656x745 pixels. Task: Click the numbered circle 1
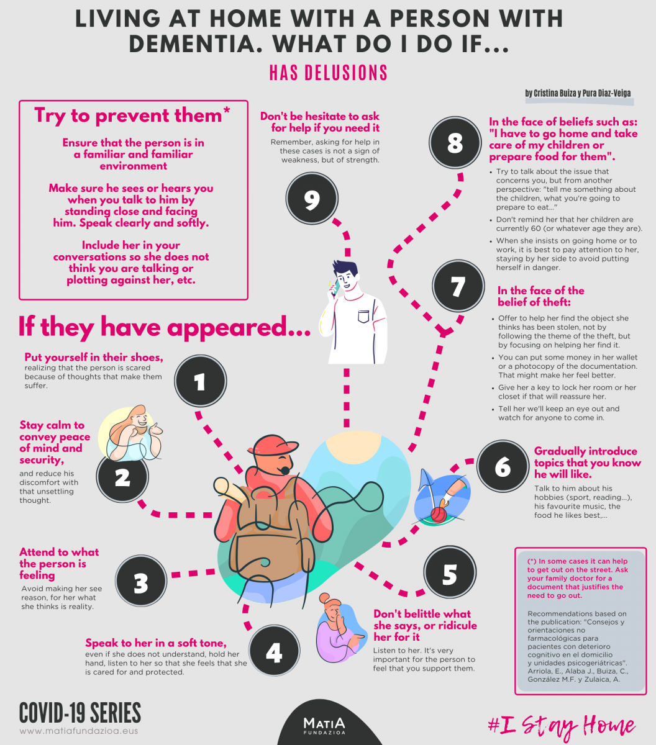click(x=201, y=381)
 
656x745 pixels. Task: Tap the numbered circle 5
click(x=450, y=572)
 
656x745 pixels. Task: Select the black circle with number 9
click(x=312, y=199)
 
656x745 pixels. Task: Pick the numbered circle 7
click(x=458, y=286)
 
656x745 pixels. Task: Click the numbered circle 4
click(x=274, y=651)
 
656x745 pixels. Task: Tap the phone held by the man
click(x=335, y=287)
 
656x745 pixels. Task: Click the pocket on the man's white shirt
click(x=363, y=316)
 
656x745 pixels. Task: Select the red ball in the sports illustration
click(x=438, y=515)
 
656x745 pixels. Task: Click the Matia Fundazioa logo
click(x=324, y=726)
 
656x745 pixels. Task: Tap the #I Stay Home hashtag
click(x=562, y=726)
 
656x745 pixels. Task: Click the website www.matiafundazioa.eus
click(x=79, y=731)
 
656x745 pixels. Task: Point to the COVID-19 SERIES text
click(x=80, y=712)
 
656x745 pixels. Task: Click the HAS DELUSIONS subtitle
click(x=328, y=73)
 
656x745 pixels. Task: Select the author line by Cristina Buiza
click(x=578, y=93)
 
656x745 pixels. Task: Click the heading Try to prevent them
click(x=132, y=115)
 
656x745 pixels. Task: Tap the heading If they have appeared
click(x=165, y=327)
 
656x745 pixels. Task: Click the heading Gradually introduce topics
click(x=587, y=463)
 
